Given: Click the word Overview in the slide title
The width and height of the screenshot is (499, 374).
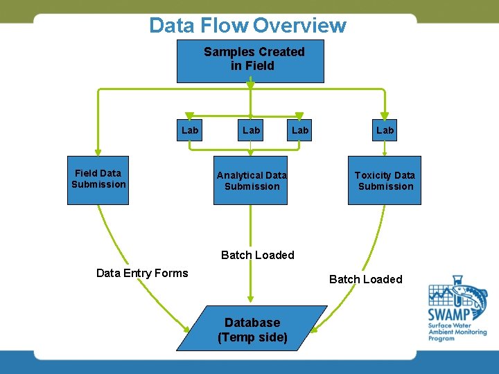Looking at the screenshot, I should tap(299, 26).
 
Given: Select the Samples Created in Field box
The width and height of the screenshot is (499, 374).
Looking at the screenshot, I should tap(250, 61).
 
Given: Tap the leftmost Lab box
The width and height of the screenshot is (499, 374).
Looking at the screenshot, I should tap(189, 130).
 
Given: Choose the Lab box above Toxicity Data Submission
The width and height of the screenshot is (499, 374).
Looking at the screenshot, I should tap(385, 130).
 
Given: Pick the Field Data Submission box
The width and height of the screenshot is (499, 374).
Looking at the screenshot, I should tap(98, 179).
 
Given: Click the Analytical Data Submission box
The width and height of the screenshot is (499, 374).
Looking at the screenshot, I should tap(251, 181).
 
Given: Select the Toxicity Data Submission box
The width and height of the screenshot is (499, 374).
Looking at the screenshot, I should tap(385, 181).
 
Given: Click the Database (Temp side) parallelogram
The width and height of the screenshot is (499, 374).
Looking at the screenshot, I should tap(252, 329).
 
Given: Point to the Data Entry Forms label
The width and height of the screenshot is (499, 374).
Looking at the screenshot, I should tap(142, 273).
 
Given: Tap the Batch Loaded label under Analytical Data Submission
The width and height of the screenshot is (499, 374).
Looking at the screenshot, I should tap(257, 255).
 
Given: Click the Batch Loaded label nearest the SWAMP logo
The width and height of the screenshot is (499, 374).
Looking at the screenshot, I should tap(365, 279).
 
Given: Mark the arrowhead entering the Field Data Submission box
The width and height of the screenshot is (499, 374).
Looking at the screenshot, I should tap(98, 154).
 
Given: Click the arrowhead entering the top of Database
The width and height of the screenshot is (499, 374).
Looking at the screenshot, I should tap(250, 301).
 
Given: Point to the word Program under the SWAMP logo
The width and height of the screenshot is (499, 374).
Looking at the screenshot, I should tap(441, 338).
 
